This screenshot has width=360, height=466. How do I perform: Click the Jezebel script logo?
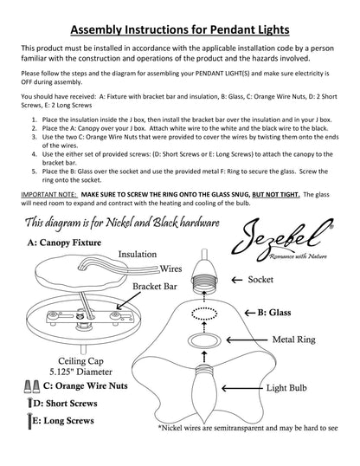[x=282, y=239]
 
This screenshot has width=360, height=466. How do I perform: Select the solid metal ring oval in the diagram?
[x=204, y=340]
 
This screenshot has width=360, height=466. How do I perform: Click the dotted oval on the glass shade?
[x=204, y=314]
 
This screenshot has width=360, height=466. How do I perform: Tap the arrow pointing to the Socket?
[x=237, y=280]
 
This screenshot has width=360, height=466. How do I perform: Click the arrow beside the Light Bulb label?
[x=242, y=388]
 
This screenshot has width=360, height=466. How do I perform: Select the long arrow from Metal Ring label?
[x=247, y=340]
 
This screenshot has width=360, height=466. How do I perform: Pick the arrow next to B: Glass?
[x=250, y=313]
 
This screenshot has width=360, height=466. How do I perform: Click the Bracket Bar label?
[x=154, y=286]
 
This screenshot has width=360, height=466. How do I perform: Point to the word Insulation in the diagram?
[x=138, y=254]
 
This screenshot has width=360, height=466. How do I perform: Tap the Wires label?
[x=170, y=269]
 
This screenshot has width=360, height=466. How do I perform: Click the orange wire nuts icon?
[x=32, y=386]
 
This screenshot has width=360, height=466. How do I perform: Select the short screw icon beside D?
[x=29, y=403]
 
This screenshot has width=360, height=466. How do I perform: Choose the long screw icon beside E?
[x=29, y=421]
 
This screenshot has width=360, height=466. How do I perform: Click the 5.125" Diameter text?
[x=80, y=372]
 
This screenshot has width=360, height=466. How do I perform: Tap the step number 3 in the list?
[x=35, y=137]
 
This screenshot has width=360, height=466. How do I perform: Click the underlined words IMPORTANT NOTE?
[x=49, y=195]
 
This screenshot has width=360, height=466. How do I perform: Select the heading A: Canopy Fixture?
[x=64, y=243]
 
